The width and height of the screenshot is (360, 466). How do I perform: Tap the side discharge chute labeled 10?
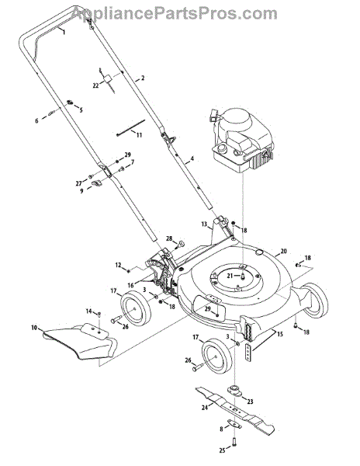pyautogui.click(x=80, y=341)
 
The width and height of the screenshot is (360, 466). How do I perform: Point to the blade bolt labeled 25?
pyautogui.click(x=234, y=443)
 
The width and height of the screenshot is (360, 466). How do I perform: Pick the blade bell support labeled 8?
pyautogui.click(x=234, y=423)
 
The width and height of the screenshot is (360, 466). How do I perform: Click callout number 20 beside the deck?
pyautogui.click(x=283, y=251)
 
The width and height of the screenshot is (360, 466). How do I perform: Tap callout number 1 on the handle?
pyautogui.click(x=64, y=32)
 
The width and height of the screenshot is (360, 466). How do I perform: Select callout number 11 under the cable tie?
pyautogui.click(x=139, y=135)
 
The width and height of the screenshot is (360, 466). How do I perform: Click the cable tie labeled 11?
pyautogui.click(x=131, y=127)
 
